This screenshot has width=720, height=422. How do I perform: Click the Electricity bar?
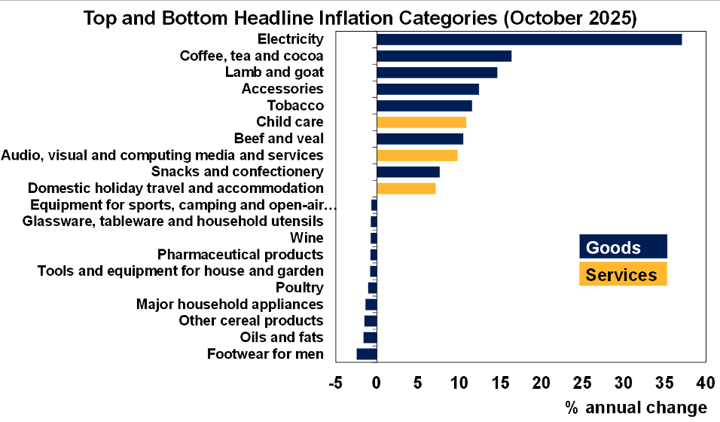[x=529, y=39]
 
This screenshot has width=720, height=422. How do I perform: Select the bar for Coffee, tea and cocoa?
[x=444, y=56]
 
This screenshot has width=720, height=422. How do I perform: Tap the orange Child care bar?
[x=421, y=122]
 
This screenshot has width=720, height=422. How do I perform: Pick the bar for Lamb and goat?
[x=437, y=72]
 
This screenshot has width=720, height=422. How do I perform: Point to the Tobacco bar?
[x=424, y=105]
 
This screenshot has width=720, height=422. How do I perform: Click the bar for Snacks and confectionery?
[x=407, y=172]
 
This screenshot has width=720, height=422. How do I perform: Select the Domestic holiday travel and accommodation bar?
[x=406, y=188]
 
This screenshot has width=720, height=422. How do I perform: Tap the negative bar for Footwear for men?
[x=367, y=354]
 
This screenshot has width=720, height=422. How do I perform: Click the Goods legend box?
[x=622, y=247]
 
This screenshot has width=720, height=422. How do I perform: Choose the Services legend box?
[x=622, y=274]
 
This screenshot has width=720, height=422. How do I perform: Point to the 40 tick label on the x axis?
[x=705, y=383]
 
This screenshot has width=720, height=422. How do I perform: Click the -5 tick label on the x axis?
[x=336, y=383]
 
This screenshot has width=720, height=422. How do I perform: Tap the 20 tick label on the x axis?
[x=541, y=383]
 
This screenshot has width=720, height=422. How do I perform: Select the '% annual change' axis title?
[x=636, y=408]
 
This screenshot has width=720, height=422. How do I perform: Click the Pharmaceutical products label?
[x=240, y=255]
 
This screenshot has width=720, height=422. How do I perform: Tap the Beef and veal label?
[x=279, y=139]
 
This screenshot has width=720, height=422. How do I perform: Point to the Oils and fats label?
[x=282, y=338]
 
